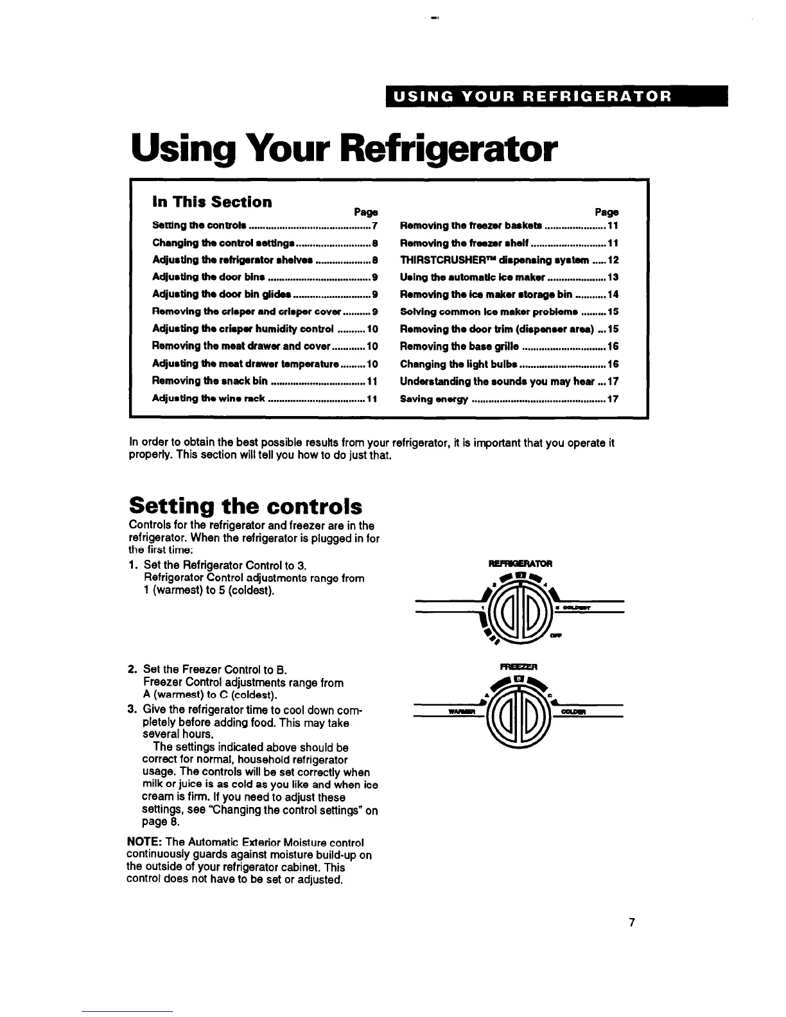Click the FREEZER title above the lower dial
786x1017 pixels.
pos(518,666)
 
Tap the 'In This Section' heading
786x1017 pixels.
pos(212,202)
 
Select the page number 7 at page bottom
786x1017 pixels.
pos(632,923)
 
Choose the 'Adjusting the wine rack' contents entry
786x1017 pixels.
pos(209,398)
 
